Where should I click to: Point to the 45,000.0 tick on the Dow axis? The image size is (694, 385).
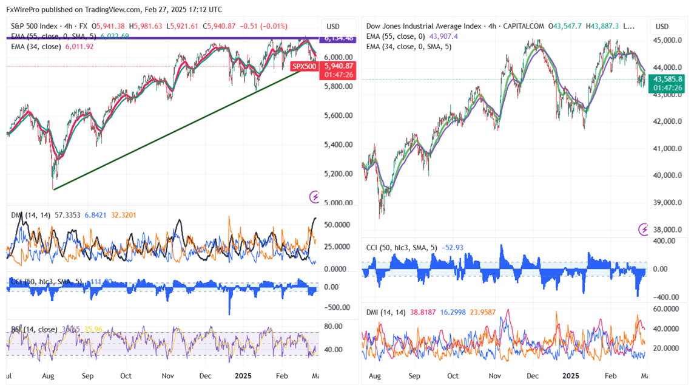tap(669, 41)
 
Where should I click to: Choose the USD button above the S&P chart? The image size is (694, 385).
tap(333, 27)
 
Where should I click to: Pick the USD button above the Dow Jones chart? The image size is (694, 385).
tap(662, 27)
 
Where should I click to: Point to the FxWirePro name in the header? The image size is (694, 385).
tap(23, 10)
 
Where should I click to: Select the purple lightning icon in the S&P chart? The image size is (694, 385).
tap(314, 197)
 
